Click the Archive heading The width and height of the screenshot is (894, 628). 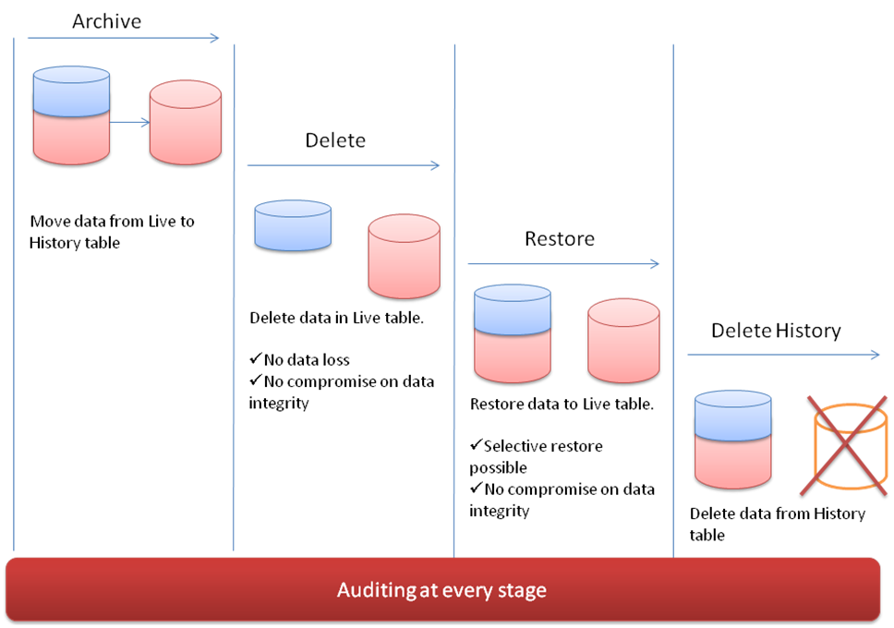point(106,21)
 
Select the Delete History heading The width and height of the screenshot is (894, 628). point(776,331)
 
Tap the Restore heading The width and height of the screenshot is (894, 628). point(560,238)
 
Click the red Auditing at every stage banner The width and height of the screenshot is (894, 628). point(442,589)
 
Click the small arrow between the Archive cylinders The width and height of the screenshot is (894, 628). point(129,121)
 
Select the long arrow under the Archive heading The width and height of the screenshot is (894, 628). point(124,38)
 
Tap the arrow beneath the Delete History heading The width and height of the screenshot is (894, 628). point(783,355)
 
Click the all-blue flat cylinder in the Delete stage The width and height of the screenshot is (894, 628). point(293,225)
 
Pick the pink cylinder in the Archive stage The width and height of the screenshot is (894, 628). point(186,122)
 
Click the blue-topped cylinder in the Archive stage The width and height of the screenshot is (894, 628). point(71,115)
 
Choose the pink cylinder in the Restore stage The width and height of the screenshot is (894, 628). point(623,339)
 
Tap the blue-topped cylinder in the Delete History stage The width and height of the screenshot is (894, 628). point(732,439)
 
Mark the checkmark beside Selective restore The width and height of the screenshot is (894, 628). point(476,446)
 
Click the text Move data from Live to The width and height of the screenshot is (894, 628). point(112,222)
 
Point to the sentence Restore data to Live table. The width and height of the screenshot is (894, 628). point(562,404)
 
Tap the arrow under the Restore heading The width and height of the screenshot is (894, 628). point(563,264)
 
